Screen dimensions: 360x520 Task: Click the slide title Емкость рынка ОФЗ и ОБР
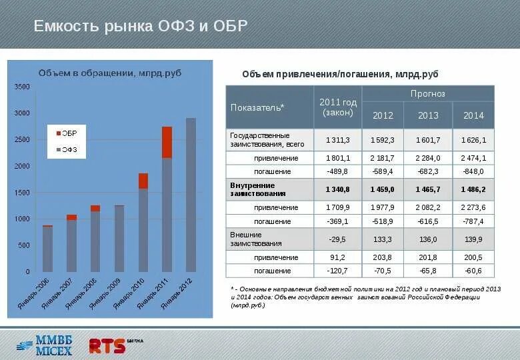click(141, 26)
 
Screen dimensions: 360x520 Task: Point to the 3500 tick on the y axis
click(22, 87)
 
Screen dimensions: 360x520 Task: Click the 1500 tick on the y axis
click(22, 193)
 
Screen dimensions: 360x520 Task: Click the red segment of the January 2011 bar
click(167, 141)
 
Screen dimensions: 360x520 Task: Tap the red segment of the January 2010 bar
click(143, 181)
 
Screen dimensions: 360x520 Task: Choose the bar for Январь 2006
click(47, 249)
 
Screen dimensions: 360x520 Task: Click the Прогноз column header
click(427, 94)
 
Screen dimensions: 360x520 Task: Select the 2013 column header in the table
click(428, 115)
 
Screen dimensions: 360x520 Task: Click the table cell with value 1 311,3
click(337, 140)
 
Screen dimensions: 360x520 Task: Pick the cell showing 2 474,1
click(473, 158)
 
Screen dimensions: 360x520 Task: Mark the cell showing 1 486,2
click(473, 189)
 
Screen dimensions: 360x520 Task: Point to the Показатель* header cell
click(257, 107)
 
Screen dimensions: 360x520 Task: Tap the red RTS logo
click(107, 345)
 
